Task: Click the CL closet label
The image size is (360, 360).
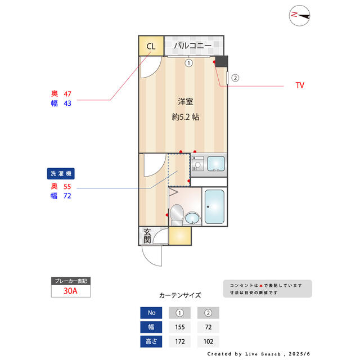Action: click(x=151, y=46)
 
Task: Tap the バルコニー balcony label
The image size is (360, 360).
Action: click(x=192, y=46)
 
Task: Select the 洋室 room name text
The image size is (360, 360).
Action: click(x=186, y=102)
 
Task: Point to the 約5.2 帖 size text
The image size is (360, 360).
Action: click(x=185, y=117)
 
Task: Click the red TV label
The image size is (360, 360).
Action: click(x=300, y=86)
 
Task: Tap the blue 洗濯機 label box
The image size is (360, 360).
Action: click(x=61, y=174)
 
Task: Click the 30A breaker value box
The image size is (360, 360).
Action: click(x=71, y=291)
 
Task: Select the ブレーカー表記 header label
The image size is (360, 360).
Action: click(x=71, y=281)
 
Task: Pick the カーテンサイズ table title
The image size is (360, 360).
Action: click(x=180, y=295)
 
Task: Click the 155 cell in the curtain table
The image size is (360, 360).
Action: click(x=179, y=327)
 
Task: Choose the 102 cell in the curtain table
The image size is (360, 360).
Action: click(x=208, y=341)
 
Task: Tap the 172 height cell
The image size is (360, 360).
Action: click(x=179, y=341)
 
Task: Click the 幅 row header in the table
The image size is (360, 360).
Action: click(x=151, y=327)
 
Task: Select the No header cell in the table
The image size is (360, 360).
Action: click(x=151, y=313)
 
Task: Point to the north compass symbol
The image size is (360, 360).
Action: click(x=300, y=16)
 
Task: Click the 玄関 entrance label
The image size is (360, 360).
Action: click(x=146, y=236)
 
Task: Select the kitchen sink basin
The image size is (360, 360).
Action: click(x=215, y=164)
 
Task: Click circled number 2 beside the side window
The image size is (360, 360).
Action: click(x=235, y=78)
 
